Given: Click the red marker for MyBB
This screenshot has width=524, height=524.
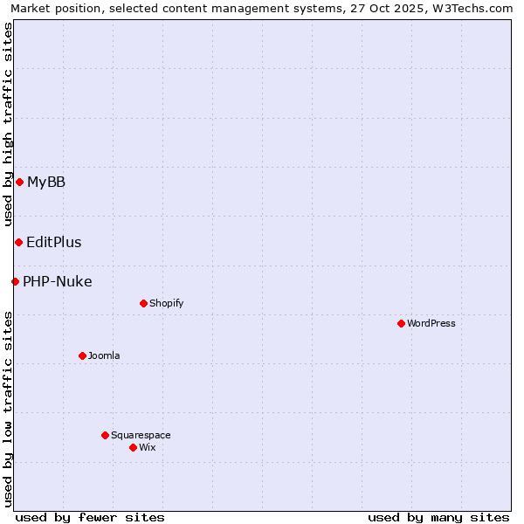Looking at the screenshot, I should pyautogui.click(x=19, y=182).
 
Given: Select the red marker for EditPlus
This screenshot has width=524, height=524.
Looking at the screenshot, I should pyautogui.click(x=18, y=242).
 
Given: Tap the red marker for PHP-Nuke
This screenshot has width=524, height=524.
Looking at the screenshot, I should pyautogui.click(x=15, y=281).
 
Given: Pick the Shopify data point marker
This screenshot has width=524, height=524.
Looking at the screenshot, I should pyautogui.click(x=143, y=303).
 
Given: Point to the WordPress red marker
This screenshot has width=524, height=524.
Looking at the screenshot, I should pyautogui.click(x=401, y=323).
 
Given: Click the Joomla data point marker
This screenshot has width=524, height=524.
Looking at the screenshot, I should pyautogui.click(x=82, y=355).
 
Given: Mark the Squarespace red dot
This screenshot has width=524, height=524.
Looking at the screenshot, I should pyautogui.click(x=105, y=435).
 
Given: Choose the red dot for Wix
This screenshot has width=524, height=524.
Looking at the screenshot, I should pyautogui.click(x=133, y=447).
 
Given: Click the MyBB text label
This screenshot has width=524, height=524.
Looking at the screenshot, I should pyautogui.click(x=46, y=182).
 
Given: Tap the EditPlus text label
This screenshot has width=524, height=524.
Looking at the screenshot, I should pyautogui.click(x=54, y=242).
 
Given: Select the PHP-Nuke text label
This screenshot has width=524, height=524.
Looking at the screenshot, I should pyautogui.click(x=58, y=281).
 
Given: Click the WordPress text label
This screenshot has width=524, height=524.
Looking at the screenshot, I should pyautogui.click(x=431, y=323).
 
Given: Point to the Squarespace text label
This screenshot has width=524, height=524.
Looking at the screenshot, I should pyautogui.click(x=141, y=435).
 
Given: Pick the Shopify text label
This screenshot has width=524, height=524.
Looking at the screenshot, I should pyautogui.click(x=166, y=303).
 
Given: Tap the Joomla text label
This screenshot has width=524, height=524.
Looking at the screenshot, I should pyautogui.click(x=104, y=355).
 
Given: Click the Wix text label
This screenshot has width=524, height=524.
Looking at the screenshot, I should pyautogui.click(x=147, y=447).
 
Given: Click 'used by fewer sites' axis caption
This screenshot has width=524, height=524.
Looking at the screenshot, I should pyautogui.click(x=90, y=517).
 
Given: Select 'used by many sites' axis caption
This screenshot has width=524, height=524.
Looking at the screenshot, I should pyautogui.click(x=438, y=517).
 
